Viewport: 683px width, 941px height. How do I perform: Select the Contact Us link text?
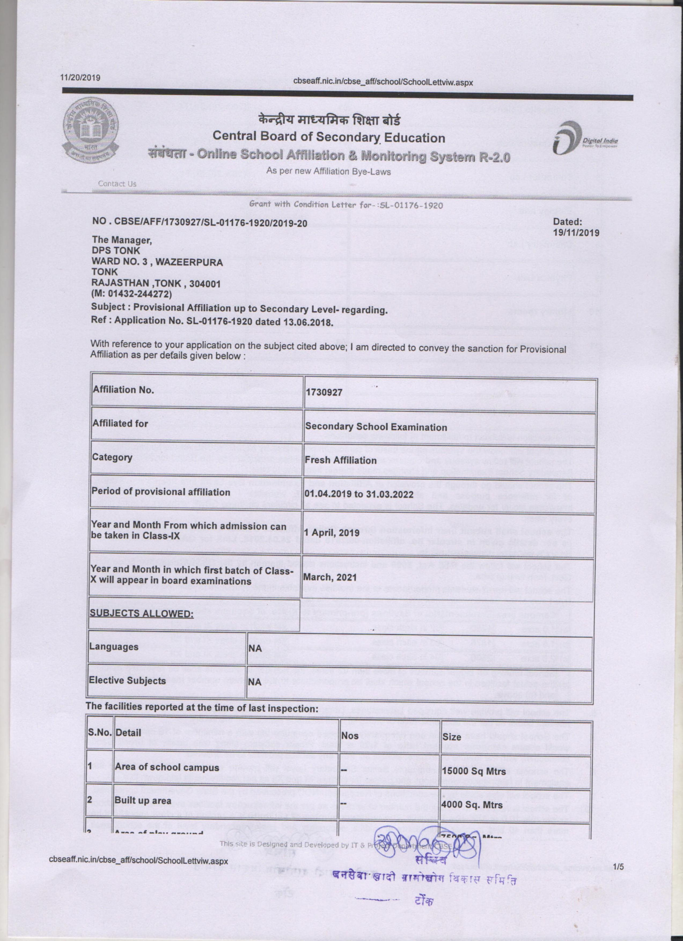(117, 184)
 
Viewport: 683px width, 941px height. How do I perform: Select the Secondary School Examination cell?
(376, 427)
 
